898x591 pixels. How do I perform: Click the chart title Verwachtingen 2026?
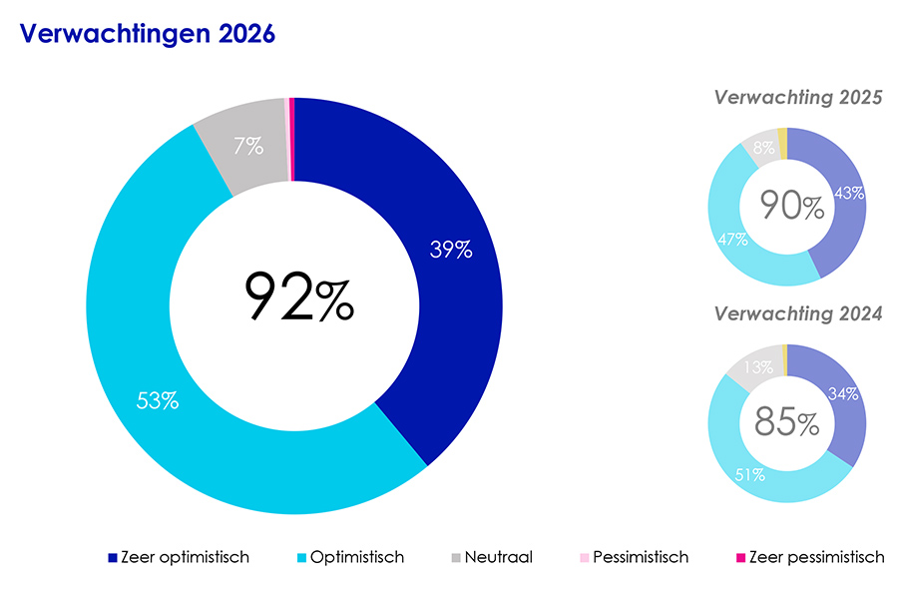[x=147, y=34]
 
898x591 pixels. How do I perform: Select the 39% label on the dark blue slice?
[x=450, y=251]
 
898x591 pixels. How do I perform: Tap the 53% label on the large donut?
[x=158, y=401]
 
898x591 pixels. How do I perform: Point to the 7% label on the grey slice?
[x=248, y=147]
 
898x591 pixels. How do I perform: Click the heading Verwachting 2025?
[x=798, y=98]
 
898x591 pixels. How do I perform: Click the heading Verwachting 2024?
[x=798, y=313]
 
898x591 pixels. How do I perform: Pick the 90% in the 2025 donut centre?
[x=792, y=206]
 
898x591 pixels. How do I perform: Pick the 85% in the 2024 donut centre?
[x=787, y=422]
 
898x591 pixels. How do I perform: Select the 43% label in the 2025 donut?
[x=849, y=194]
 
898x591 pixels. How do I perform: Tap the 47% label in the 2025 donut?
[x=731, y=240]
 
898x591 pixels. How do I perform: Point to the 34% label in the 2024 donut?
[x=844, y=393]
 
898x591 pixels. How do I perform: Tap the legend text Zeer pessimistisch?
[x=816, y=558]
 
